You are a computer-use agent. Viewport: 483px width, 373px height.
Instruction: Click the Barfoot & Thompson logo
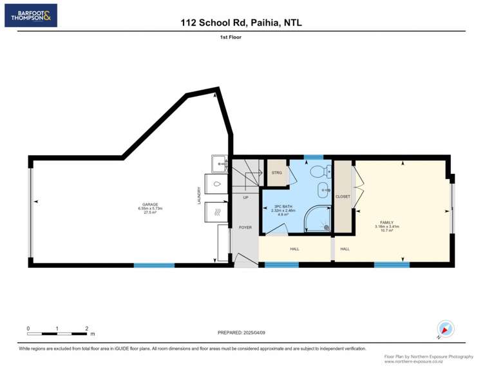pyautogui.click(x=31, y=15)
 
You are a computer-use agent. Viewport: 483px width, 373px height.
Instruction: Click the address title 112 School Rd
pyautogui.click(x=241, y=23)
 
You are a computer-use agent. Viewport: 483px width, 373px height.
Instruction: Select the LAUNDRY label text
pyautogui.click(x=199, y=196)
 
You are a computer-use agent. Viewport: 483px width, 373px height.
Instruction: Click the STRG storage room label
pyautogui.click(x=276, y=173)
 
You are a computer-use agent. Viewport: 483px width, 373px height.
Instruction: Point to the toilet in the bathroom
pyautogui.click(x=317, y=172)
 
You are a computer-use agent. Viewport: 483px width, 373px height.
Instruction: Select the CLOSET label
pyautogui.click(x=343, y=196)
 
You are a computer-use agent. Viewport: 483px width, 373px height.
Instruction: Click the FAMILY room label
pyautogui.click(x=386, y=222)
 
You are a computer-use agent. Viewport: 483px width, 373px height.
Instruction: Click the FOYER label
pyautogui.click(x=245, y=227)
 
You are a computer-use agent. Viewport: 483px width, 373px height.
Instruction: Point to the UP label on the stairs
pyautogui.click(x=245, y=197)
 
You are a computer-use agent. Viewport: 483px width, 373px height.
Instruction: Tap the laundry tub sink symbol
pyautogui.click(x=218, y=164)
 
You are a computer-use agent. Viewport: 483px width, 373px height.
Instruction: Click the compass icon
pyautogui.click(x=446, y=329)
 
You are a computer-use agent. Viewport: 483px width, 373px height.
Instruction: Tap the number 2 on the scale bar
pyautogui.click(x=86, y=329)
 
